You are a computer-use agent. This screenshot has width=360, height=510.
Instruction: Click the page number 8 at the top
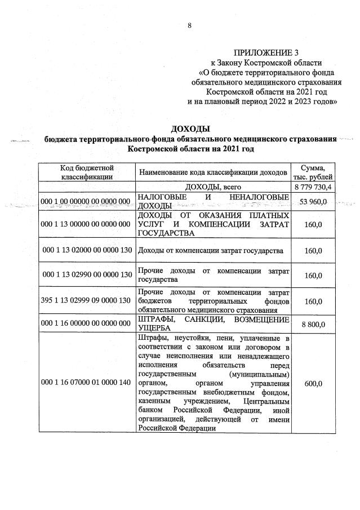coord(190,25)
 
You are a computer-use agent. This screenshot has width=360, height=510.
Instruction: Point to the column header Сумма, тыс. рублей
coord(313,172)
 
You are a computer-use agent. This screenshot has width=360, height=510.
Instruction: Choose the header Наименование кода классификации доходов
coord(213,172)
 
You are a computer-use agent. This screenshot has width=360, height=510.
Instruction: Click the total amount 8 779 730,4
coord(313,187)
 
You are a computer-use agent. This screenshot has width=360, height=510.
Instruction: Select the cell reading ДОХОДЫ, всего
coord(213,187)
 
